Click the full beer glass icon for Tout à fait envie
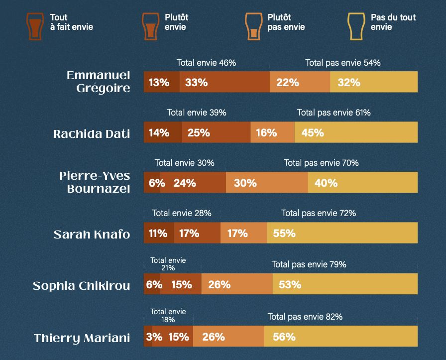click(x=34, y=26)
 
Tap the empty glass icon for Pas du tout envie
click(x=357, y=26)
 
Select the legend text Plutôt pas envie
click(x=286, y=22)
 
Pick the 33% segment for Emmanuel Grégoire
click(x=224, y=82)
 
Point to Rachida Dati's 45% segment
click(x=356, y=132)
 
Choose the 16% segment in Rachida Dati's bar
click(x=272, y=132)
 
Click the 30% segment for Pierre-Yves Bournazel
click(x=267, y=183)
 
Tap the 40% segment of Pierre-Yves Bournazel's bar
click(x=363, y=183)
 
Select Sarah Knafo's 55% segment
click(x=342, y=233)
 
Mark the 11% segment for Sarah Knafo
click(x=159, y=233)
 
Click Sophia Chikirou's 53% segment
click(x=345, y=284)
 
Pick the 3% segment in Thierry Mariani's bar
click(x=148, y=337)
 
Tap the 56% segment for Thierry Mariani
click(x=341, y=337)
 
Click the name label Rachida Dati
click(x=92, y=133)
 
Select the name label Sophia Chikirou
click(x=82, y=286)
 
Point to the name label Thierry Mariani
click(x=82, y=338)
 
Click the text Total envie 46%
click(x=206, y=63)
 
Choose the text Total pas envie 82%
click(x=305, y=316)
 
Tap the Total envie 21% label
click(x=168, y=264)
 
